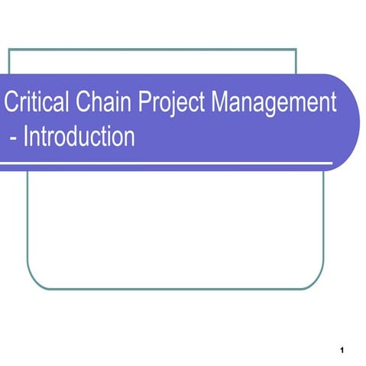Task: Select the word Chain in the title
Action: click(x=99, y=103)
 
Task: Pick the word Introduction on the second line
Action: click(x=79, y=138)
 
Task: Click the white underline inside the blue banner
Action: click(x=168, y=163)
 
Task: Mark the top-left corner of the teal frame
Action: click(x=9, y=49)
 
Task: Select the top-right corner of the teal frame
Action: click(x=295, y=49)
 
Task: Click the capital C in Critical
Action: click(x=11, y=103)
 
